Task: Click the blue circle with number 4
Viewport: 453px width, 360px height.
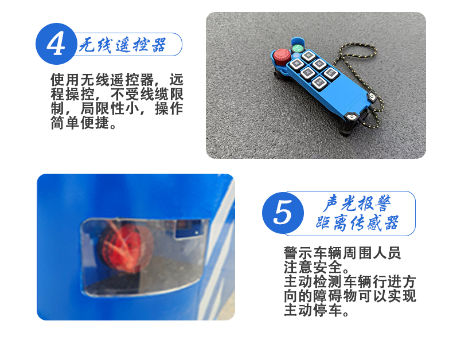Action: point(56,44)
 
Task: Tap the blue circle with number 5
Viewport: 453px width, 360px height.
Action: point(283,213)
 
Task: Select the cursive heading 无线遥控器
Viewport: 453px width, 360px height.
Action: point(123,45)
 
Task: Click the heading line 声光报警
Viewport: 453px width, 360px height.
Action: point(357,203)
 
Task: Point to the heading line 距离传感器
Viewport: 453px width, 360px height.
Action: point(357,223)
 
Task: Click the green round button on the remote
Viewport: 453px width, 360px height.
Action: point(297,48)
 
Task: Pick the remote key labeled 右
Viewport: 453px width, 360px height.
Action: point(319,64)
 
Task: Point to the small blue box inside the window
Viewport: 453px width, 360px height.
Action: point(189,229)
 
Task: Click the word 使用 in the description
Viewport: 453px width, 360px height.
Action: point(65,80)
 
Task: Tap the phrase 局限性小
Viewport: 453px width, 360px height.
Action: point(110,109)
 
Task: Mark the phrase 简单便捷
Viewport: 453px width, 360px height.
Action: point(80,123)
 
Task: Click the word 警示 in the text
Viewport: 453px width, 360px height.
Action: point(298,253)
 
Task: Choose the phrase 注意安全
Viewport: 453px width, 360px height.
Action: point(313,267)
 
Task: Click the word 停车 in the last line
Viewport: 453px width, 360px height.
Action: point(328,310)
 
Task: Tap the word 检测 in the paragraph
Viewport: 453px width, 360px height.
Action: point(328,281)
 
